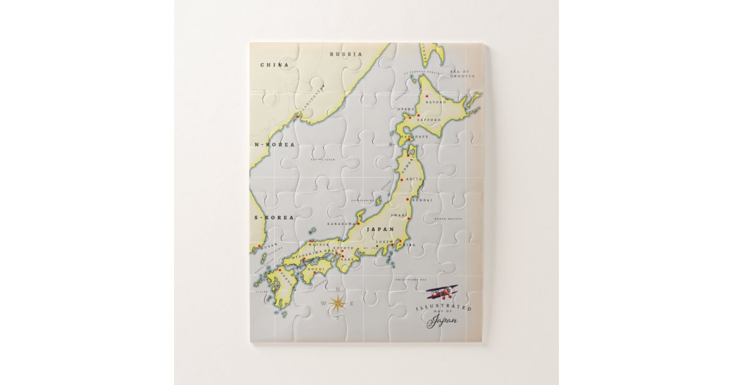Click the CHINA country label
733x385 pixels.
[274, 65]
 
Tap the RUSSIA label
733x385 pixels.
[346, 54]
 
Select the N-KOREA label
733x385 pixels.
[275, 145]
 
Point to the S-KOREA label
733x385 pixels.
[275, 217]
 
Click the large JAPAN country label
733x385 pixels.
[379, 230]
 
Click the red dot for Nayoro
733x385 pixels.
[427, 96]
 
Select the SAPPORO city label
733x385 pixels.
[429, 120]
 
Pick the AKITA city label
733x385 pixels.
[415, 179]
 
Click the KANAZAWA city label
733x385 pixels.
[340, 224]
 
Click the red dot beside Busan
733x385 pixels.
[260, 246]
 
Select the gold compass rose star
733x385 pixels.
[337, 302]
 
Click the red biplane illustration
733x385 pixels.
[443, 292]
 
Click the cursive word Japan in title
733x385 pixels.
[443, 322]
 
